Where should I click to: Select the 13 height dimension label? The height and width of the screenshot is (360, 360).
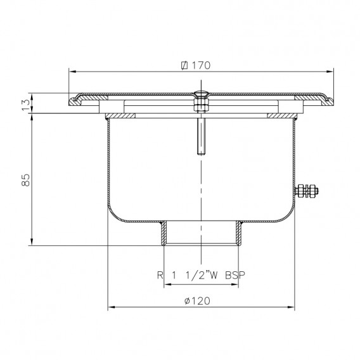[26, 105]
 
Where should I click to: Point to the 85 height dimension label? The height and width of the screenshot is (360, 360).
[26, 180]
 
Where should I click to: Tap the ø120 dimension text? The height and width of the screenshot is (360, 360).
[197, 301]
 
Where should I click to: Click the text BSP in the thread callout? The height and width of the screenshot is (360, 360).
[235, 275]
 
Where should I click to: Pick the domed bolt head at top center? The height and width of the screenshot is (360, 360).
[201, 94]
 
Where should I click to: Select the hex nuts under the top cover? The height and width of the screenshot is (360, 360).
[201, 105]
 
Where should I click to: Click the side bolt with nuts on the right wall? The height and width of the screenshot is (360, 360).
[306, 191]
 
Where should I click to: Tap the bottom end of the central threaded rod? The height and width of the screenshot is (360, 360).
[201, 154]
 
